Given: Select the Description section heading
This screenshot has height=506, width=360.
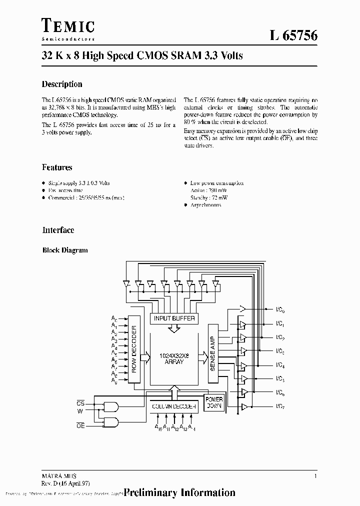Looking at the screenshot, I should coord(62,84).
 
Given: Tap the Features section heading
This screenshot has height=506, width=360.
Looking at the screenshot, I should coord(57,167).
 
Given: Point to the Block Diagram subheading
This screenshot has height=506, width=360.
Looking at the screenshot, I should coord(65,250).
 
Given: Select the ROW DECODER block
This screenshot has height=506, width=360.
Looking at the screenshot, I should coord(134,348).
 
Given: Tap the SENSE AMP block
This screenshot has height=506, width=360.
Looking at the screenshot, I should coord(212,353).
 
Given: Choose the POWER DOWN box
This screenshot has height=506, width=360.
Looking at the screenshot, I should coord(214,403).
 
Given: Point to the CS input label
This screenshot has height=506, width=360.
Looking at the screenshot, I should coord(80,401).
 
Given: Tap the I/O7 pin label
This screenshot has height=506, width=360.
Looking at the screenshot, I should coord(280,406).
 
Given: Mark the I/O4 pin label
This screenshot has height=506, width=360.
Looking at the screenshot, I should coord(280,365).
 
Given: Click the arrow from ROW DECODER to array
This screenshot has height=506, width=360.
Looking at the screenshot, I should coord(145,357).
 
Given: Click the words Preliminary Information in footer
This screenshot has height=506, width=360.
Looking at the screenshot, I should coord(179,492).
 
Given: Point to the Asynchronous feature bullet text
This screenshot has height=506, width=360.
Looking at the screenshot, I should coord(205,205).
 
